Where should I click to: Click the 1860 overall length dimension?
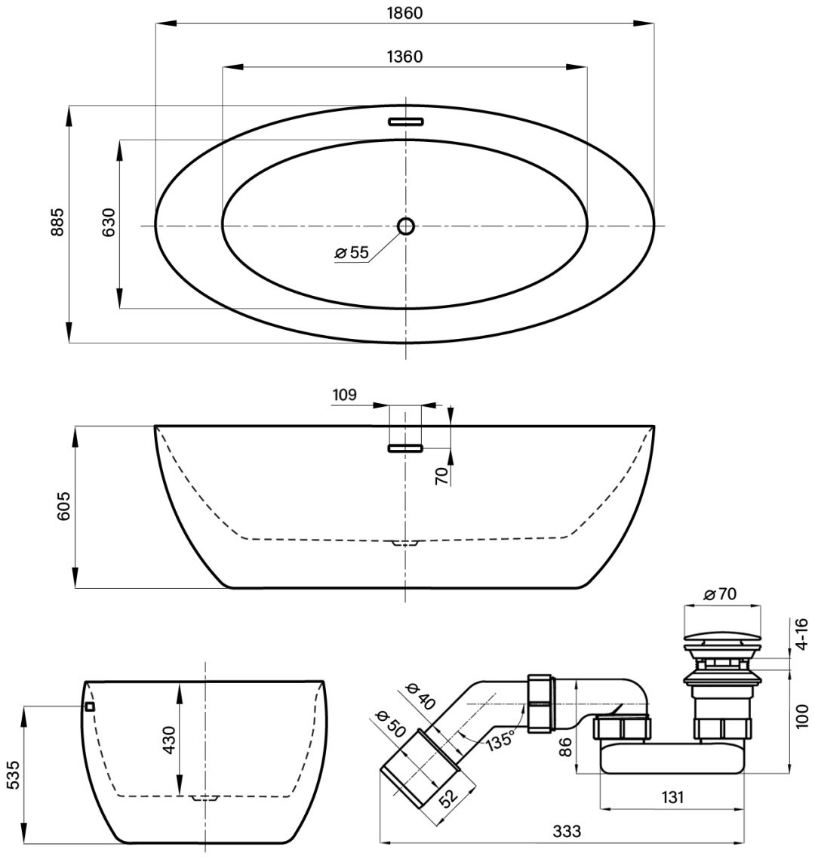(404, 13)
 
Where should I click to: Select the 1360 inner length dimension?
(404, 57)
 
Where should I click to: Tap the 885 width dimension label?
(57, 222)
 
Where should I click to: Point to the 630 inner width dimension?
(109, 222)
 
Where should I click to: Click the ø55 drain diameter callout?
(352, 252)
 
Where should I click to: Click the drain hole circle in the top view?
(406, 226)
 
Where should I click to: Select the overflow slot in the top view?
(406, 122)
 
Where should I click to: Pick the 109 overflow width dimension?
(344, 395)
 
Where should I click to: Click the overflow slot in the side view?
(406, 448)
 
